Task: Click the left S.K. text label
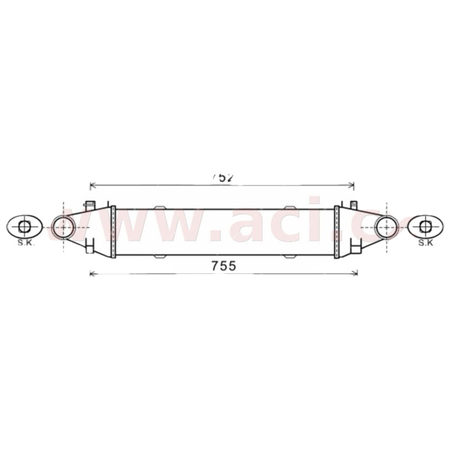tap(24, 243)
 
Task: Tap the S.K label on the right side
tap(425, 243)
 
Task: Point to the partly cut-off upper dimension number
tap(223, 177)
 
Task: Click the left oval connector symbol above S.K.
tap(24, 227)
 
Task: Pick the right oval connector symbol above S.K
tap(425, 227)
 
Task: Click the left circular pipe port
tap(63, 227)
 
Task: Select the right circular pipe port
tap(386, 227)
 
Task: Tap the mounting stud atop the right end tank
tap(354, 204)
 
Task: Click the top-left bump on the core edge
tap(160, 207)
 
